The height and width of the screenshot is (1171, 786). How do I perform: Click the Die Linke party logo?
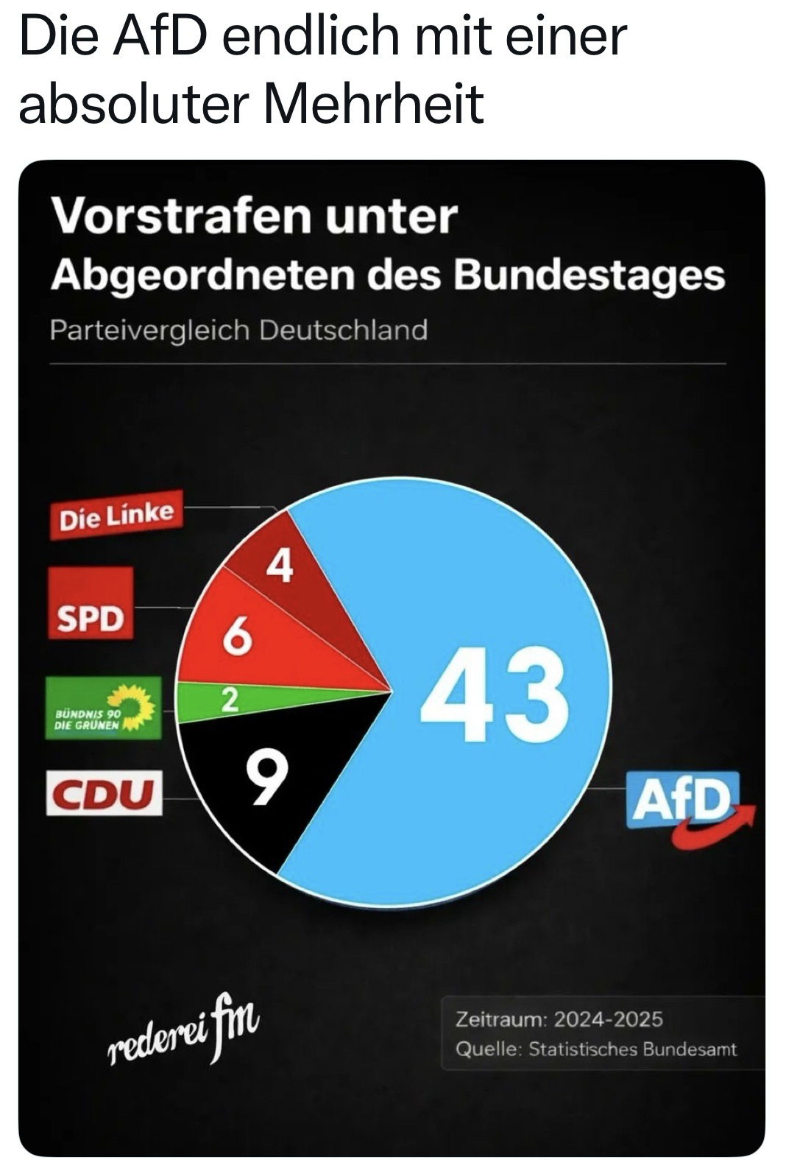[x=116, y=515]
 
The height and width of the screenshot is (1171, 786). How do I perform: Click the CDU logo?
[x=104, y=792]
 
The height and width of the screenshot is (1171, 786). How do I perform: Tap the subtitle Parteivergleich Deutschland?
[x=238, y=329]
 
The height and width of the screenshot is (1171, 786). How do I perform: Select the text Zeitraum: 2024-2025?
[x=559, y=1019]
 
